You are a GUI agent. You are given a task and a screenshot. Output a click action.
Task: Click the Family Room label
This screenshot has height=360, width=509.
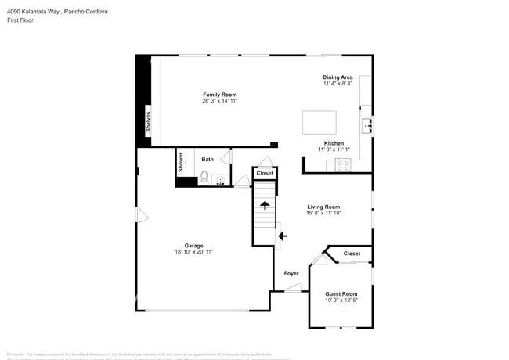(x=219, y=95)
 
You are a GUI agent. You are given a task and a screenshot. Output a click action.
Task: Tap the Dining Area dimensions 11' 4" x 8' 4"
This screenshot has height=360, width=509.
(x=338, y=83)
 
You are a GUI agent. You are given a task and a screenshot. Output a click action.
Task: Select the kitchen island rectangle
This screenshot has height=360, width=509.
(x=319, y=122)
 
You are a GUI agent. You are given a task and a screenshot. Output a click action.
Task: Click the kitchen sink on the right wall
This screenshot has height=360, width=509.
(x=366, y=124)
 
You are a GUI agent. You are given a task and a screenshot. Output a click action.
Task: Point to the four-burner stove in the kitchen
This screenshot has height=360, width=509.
(x=343, y=164)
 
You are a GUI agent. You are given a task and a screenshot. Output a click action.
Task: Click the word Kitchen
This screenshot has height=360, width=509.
(x=334, y=143)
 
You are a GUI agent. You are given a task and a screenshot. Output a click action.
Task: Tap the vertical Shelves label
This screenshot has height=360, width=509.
(x=147, y=121)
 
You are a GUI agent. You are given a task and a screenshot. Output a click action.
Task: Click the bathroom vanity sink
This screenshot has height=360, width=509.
(x=220, y=181)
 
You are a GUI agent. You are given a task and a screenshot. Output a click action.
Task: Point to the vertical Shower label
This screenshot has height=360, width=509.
(x=181, y=162)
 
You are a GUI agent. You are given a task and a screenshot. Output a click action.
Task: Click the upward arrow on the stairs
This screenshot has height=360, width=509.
(x=265, y=205)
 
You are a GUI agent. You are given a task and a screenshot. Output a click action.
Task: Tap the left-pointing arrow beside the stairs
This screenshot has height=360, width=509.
(x=283, y=234)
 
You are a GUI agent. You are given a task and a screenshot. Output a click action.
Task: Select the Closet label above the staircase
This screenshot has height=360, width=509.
(x=265, y=173)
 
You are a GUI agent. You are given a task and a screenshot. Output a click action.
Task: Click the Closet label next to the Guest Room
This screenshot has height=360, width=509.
(x=352, y=254)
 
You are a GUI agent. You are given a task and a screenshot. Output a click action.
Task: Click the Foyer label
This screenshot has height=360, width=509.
(x=291, y=273)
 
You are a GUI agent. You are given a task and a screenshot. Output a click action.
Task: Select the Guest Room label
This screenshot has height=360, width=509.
(x=341, y=293)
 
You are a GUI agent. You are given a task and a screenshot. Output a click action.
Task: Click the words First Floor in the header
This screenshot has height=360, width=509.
(x=23, y=20)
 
